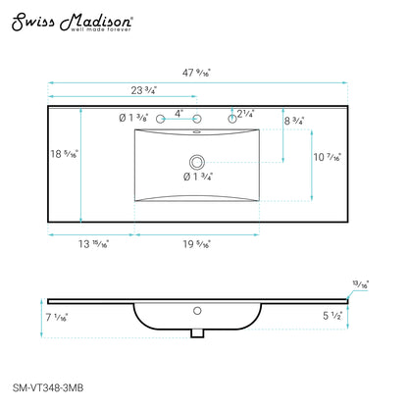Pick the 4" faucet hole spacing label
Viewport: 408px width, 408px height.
tap(178, 112)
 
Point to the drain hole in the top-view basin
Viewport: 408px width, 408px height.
tap(196, 160)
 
